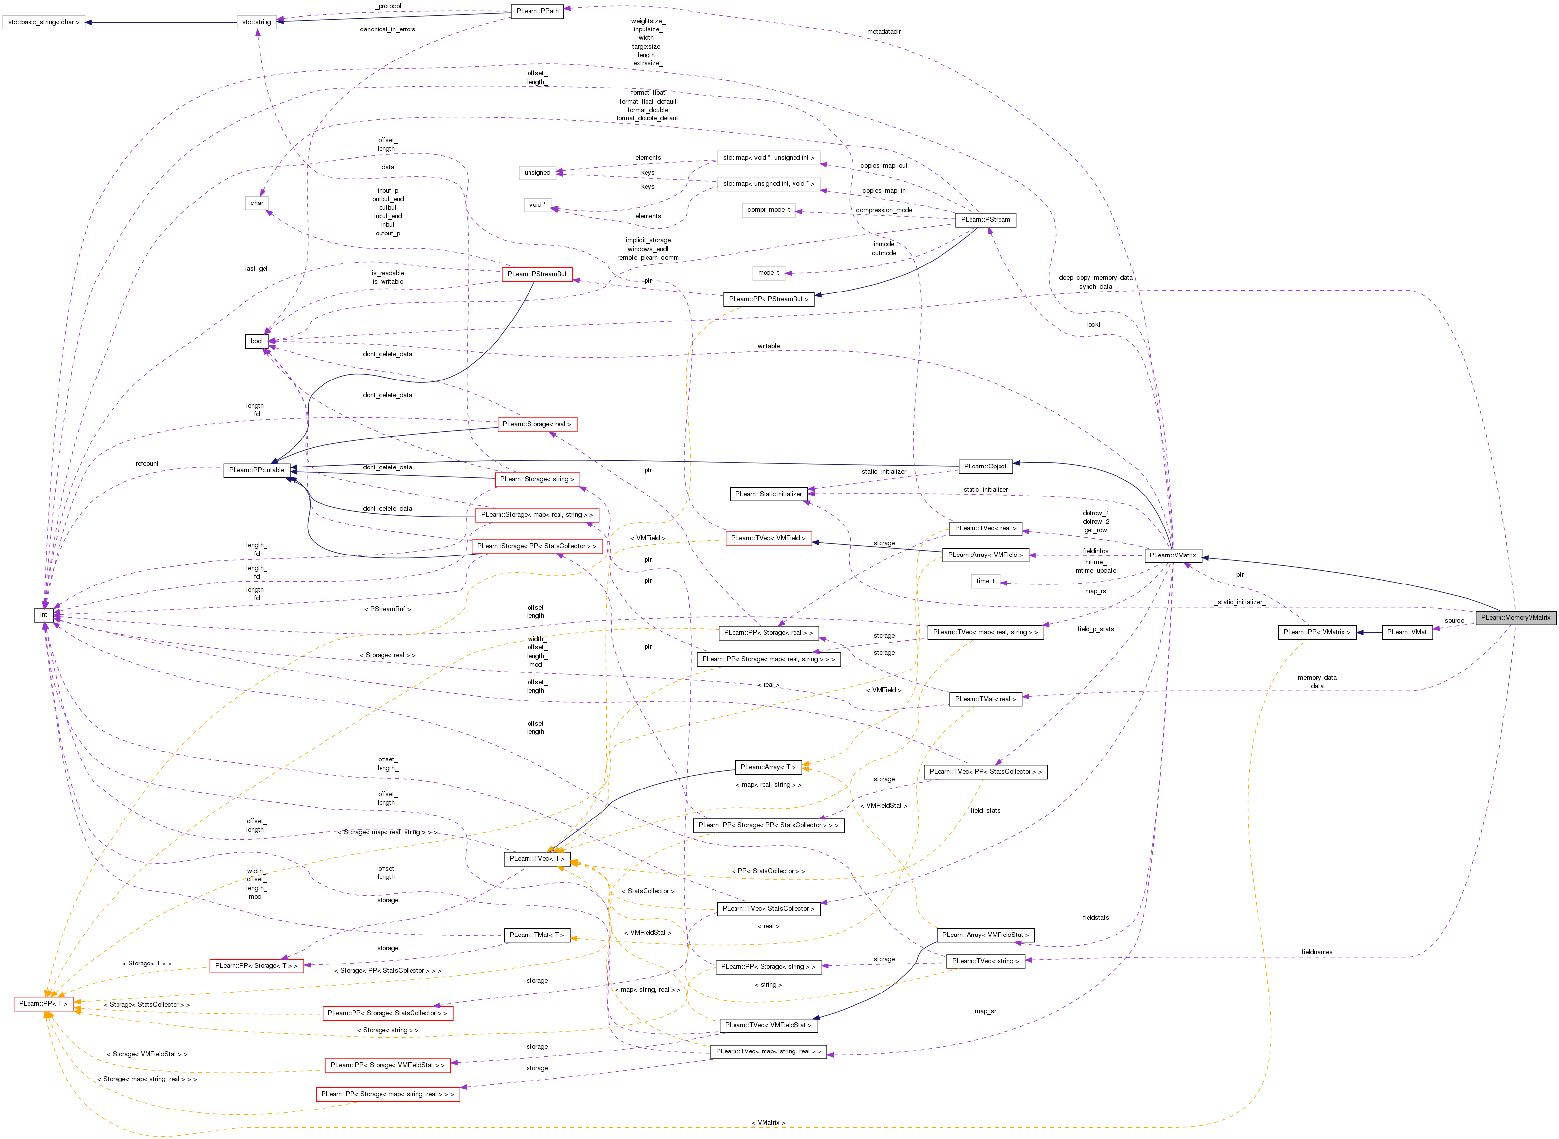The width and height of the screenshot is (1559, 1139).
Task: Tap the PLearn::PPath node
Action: coord(537,11)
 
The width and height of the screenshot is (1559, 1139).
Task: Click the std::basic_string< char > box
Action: coord(43,22)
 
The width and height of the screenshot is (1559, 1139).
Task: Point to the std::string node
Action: coord(257,22)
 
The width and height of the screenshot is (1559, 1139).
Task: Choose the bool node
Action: coord(257,341)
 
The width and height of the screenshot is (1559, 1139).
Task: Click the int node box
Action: coord(43,615)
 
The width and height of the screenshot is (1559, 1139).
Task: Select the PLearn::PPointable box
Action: coord(257,470)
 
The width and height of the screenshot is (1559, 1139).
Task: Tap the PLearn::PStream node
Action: coord(985,220)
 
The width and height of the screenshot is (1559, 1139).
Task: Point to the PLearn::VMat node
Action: coord(1407,632)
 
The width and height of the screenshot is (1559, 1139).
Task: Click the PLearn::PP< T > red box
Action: coord(43,1004)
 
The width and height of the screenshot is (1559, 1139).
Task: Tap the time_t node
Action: coord(985,581)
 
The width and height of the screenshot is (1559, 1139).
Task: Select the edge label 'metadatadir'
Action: coord(883,32)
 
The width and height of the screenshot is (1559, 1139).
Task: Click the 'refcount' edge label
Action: coord(147,464)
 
